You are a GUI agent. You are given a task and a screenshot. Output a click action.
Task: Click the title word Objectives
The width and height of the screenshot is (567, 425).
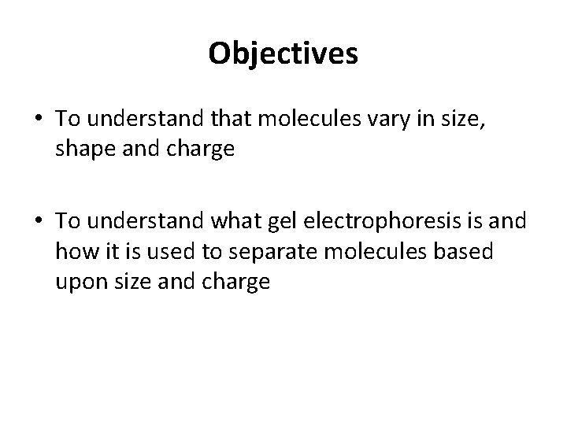(283, 54)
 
